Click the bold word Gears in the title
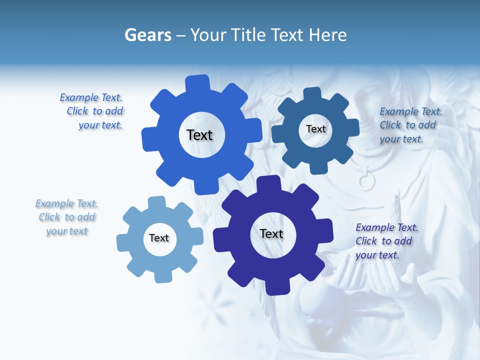147,35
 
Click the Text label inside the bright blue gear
199,135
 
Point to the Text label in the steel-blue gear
315,129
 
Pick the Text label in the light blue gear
159,238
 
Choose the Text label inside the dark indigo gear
271,233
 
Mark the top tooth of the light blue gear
156,202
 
